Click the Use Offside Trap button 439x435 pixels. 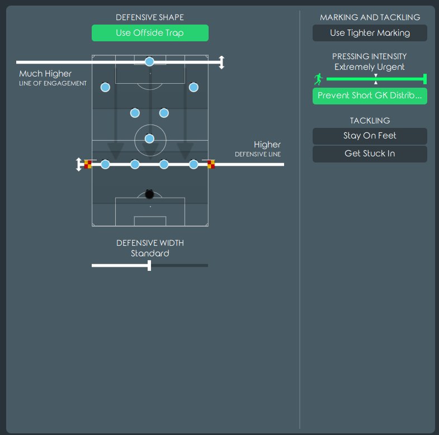pyautogui.click(x=150, y=33)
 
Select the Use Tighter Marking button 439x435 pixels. pyautogui.click(x=370, y=33)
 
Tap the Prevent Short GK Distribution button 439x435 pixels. pyautogui.click(x=370, y=96)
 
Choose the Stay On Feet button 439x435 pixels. pyautogui.click(x=370, y=136)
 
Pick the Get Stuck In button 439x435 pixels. pyautogui.click(x=370, y=154)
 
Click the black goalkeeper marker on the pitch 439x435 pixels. pyautogui.click(x=149, y=194)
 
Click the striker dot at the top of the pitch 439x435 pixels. pyautogui.click(x=149, y=61)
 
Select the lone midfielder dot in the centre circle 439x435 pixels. pyautogui.click(x=149, y=138)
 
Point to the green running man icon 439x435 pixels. pyautogui.click(x=319, y=79)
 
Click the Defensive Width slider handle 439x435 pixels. pyautogui.click(x=149, y=265)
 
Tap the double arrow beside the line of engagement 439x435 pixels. pyautogui.click(x=221, y=62)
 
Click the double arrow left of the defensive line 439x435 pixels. pyautogui.click(x=79, y=164)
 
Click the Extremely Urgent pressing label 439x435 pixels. pyautogui.click(x=370, y=67)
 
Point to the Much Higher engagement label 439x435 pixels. pyautogui.click(x=45, y=74)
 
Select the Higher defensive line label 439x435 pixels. pyautogui.click(x=267, y=145)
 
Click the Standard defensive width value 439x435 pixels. pyautogui.click(x=150, y=254)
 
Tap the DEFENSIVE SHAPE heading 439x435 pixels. pyautogui.click(x=150, y=18)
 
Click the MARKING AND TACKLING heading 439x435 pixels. pyautogui.click(x=370, y=18)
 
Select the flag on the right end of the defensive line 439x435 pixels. pyautogui.click(x=211, y=164)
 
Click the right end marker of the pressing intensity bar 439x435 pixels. pyautogui.click(x=425, y=79)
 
